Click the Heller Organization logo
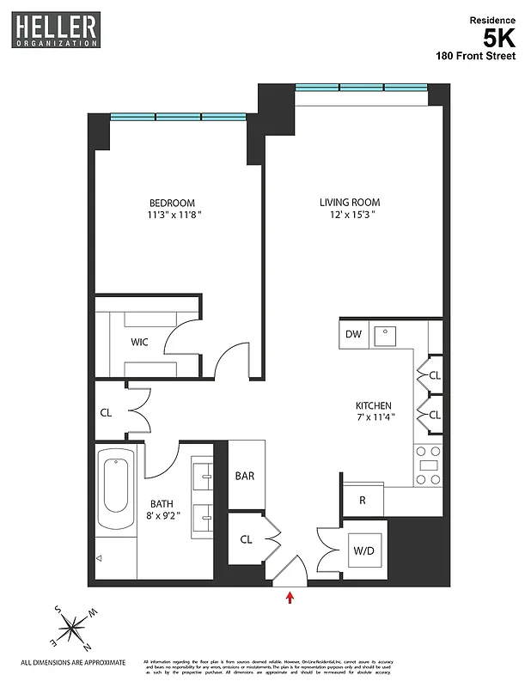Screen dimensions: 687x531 coord(56,29)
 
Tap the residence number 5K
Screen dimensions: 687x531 coord(499,38)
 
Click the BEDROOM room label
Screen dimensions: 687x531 coord(172,204)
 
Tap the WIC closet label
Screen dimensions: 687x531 coord(139,342)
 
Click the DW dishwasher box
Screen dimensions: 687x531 coord(353,334)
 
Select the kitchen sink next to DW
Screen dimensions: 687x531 coord(389,334)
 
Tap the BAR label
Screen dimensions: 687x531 coord(245,476)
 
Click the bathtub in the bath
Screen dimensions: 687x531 coord(116,485)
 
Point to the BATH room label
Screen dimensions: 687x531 coord(162,505)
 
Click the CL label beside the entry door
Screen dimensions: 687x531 coord(246,539)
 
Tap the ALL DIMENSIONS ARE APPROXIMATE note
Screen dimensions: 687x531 coord(73,663)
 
